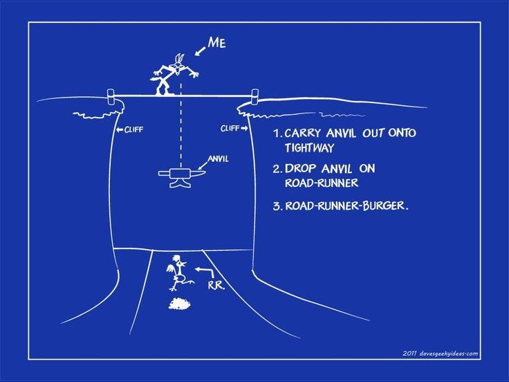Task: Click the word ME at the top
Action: coord(217,42)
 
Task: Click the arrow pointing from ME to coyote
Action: coord(200,51)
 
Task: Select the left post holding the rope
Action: coord(111,97)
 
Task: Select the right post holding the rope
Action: coord(254,97)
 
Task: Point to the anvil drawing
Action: coord(182,178)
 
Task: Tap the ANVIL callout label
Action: coord(218,159)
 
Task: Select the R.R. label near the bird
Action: coord(216,285)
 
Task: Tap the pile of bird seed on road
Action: coord(179,304)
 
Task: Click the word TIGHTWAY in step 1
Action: coord(309,148)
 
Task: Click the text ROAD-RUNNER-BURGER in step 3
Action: coord(345,206)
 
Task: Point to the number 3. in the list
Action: coord(277,206)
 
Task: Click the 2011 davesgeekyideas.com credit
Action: coord(440,354)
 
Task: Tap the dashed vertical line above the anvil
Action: coord(181,125)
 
